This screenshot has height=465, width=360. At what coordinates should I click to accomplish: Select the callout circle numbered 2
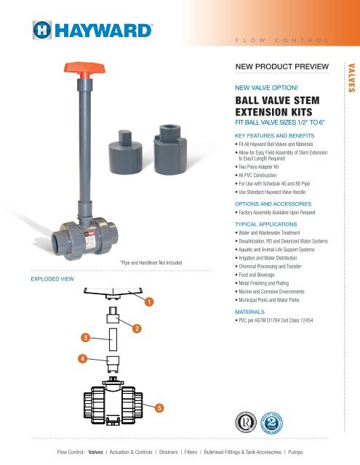137,330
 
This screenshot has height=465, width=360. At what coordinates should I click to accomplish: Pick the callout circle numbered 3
86,338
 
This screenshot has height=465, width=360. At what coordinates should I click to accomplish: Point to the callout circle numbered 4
84,358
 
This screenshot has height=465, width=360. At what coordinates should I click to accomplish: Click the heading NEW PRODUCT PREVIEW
279,66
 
